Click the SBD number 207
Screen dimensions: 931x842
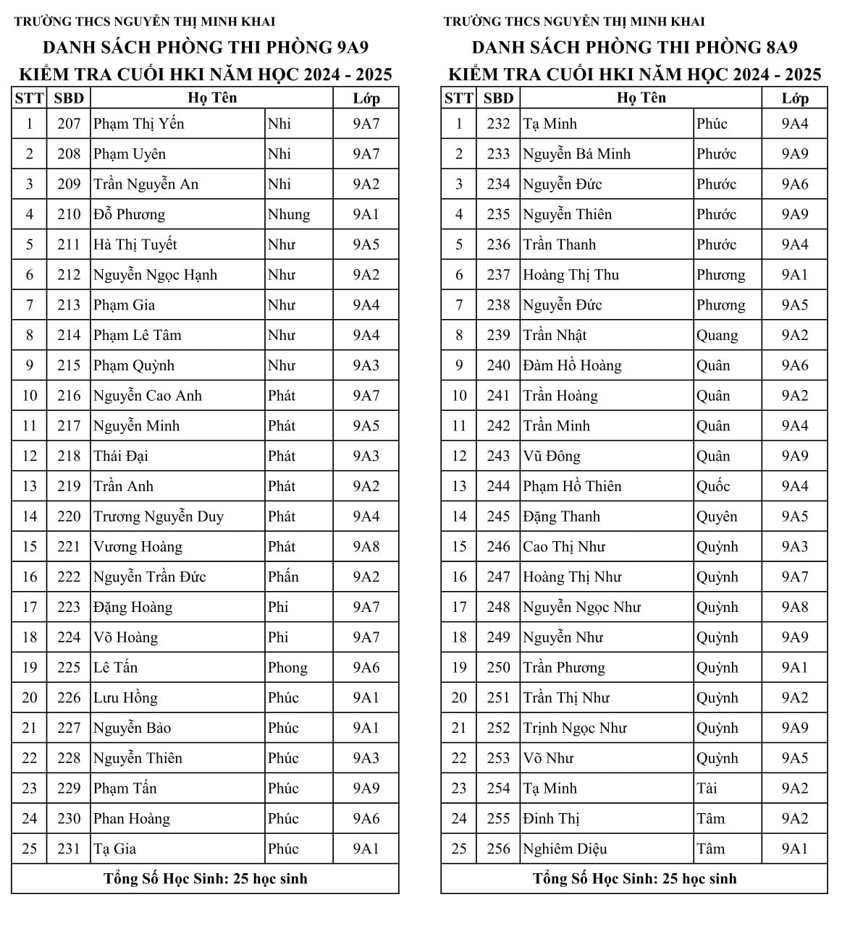click(x=69, y=124)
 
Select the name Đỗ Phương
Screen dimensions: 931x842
click(x=129, y=215)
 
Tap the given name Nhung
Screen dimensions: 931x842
click(x=288, y=215)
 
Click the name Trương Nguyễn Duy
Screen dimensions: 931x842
click(x=159, y=516)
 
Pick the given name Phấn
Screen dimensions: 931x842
click(x=282, y=577)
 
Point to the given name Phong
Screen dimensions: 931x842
click(x=287, y=668)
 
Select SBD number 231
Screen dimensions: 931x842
click(x=69, y=849)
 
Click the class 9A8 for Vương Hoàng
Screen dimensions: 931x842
click(x=366, y=547)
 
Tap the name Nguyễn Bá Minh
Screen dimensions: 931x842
click(x=576, y=154)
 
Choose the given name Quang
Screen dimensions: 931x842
click(x=717, y=336)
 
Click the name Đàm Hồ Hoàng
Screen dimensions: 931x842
click(x=572, y=366)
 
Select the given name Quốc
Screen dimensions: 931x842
click(x=713, y=486)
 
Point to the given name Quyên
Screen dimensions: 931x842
click(x=717, y=516)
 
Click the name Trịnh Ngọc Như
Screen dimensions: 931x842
click(x=575, y=728)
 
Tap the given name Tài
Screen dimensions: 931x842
click(x=707, y=788)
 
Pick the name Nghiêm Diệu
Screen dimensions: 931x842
click(x=565, y=849)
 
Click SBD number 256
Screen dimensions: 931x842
click(x=498, y=849)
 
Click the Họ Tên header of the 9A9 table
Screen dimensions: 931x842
click(x=212, y=98)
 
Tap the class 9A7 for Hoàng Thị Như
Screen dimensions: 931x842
click(x=794, y=577)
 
